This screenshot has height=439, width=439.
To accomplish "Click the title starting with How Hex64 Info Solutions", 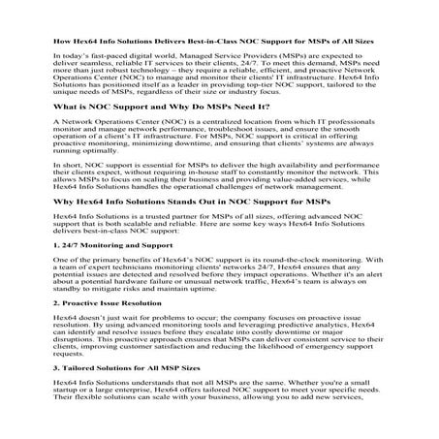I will click(219, 43).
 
